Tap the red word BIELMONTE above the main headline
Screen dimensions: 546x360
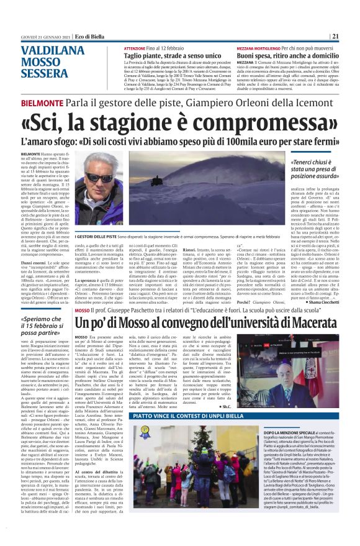(x=42, y=103)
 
